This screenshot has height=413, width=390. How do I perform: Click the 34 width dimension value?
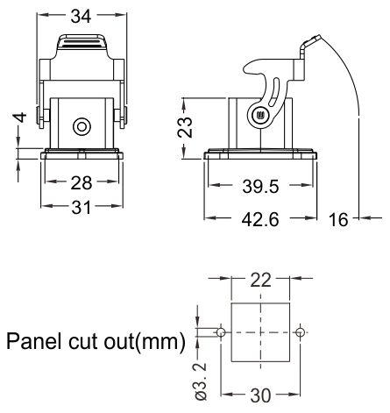tap(81, 17)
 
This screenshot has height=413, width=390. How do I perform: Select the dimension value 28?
tap(82, 183)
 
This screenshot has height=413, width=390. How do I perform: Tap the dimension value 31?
tap(82, 208)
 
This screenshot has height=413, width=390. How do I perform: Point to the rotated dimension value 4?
tap(20, 117)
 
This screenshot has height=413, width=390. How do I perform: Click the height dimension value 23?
tap(185, 127)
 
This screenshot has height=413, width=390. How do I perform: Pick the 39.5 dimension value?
tap(260, 187)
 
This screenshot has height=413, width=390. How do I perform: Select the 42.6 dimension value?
tap(260, 219)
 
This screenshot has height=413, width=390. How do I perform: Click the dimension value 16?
tap(338, 219)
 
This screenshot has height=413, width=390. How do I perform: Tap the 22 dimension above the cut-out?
tap(260, 281)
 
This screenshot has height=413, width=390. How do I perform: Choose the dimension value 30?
tap(260, 396)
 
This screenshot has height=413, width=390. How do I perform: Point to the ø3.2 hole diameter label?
tap(201, 381)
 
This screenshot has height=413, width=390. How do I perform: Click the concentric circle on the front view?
tap(82, 127)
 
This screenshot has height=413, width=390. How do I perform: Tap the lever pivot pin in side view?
tap(259, 115)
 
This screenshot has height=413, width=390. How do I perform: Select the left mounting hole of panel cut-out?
tap(221, 332)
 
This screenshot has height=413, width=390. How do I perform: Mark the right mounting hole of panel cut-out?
tap(300, 332)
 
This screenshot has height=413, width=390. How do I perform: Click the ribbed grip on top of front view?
tap(82, 42)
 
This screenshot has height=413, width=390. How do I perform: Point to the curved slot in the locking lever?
tap(274, 92)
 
